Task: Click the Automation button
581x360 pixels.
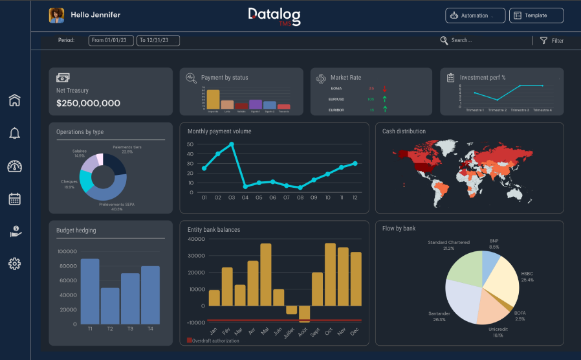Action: point(475,16)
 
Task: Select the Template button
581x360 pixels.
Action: point(536,16)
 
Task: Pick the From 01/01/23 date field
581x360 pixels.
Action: point(111,41)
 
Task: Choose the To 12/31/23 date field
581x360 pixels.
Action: point(158,41)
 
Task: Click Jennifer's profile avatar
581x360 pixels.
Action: point(56,15)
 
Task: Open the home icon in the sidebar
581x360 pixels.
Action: point(15,100)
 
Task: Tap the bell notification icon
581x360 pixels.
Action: point(15,133)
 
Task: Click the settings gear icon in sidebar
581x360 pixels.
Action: point(15,264)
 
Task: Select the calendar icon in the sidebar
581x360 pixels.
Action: point(15,199)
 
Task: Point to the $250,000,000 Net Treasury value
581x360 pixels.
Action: point(88,103)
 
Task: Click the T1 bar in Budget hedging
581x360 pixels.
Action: point(90,291)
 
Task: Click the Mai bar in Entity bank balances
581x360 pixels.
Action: point(265,275)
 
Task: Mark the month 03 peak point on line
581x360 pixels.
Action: point(232,144)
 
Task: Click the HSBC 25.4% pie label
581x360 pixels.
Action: point(527,276)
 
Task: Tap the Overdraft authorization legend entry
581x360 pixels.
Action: point(213,341)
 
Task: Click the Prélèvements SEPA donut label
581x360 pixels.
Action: point(116,207)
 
